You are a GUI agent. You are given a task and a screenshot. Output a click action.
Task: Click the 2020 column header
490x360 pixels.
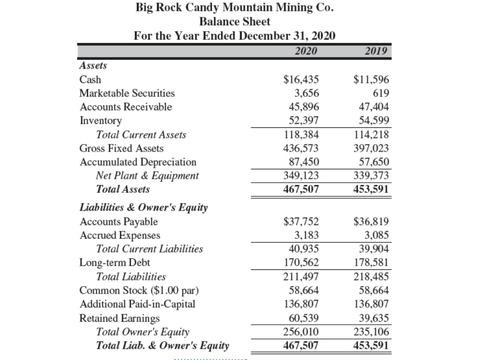[306, 51]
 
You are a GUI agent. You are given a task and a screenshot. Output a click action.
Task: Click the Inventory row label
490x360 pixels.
[101, 120]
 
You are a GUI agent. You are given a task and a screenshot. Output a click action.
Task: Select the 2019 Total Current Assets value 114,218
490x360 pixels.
[373, 135]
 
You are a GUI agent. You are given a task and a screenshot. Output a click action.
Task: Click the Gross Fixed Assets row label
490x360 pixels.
[122, 148]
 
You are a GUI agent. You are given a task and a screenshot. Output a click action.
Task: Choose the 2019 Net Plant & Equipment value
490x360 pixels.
[373, 175]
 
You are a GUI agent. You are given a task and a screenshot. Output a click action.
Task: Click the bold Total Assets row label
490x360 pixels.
[123, 189]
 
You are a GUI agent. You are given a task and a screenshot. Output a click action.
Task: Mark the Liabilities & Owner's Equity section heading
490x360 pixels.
[144, 208]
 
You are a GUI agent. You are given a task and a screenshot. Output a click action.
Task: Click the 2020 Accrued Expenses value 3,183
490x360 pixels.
[308, 235]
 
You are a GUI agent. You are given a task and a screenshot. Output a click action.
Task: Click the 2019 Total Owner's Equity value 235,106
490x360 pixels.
[373, 332]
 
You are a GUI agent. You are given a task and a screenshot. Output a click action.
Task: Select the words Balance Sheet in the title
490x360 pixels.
[235, 21]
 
